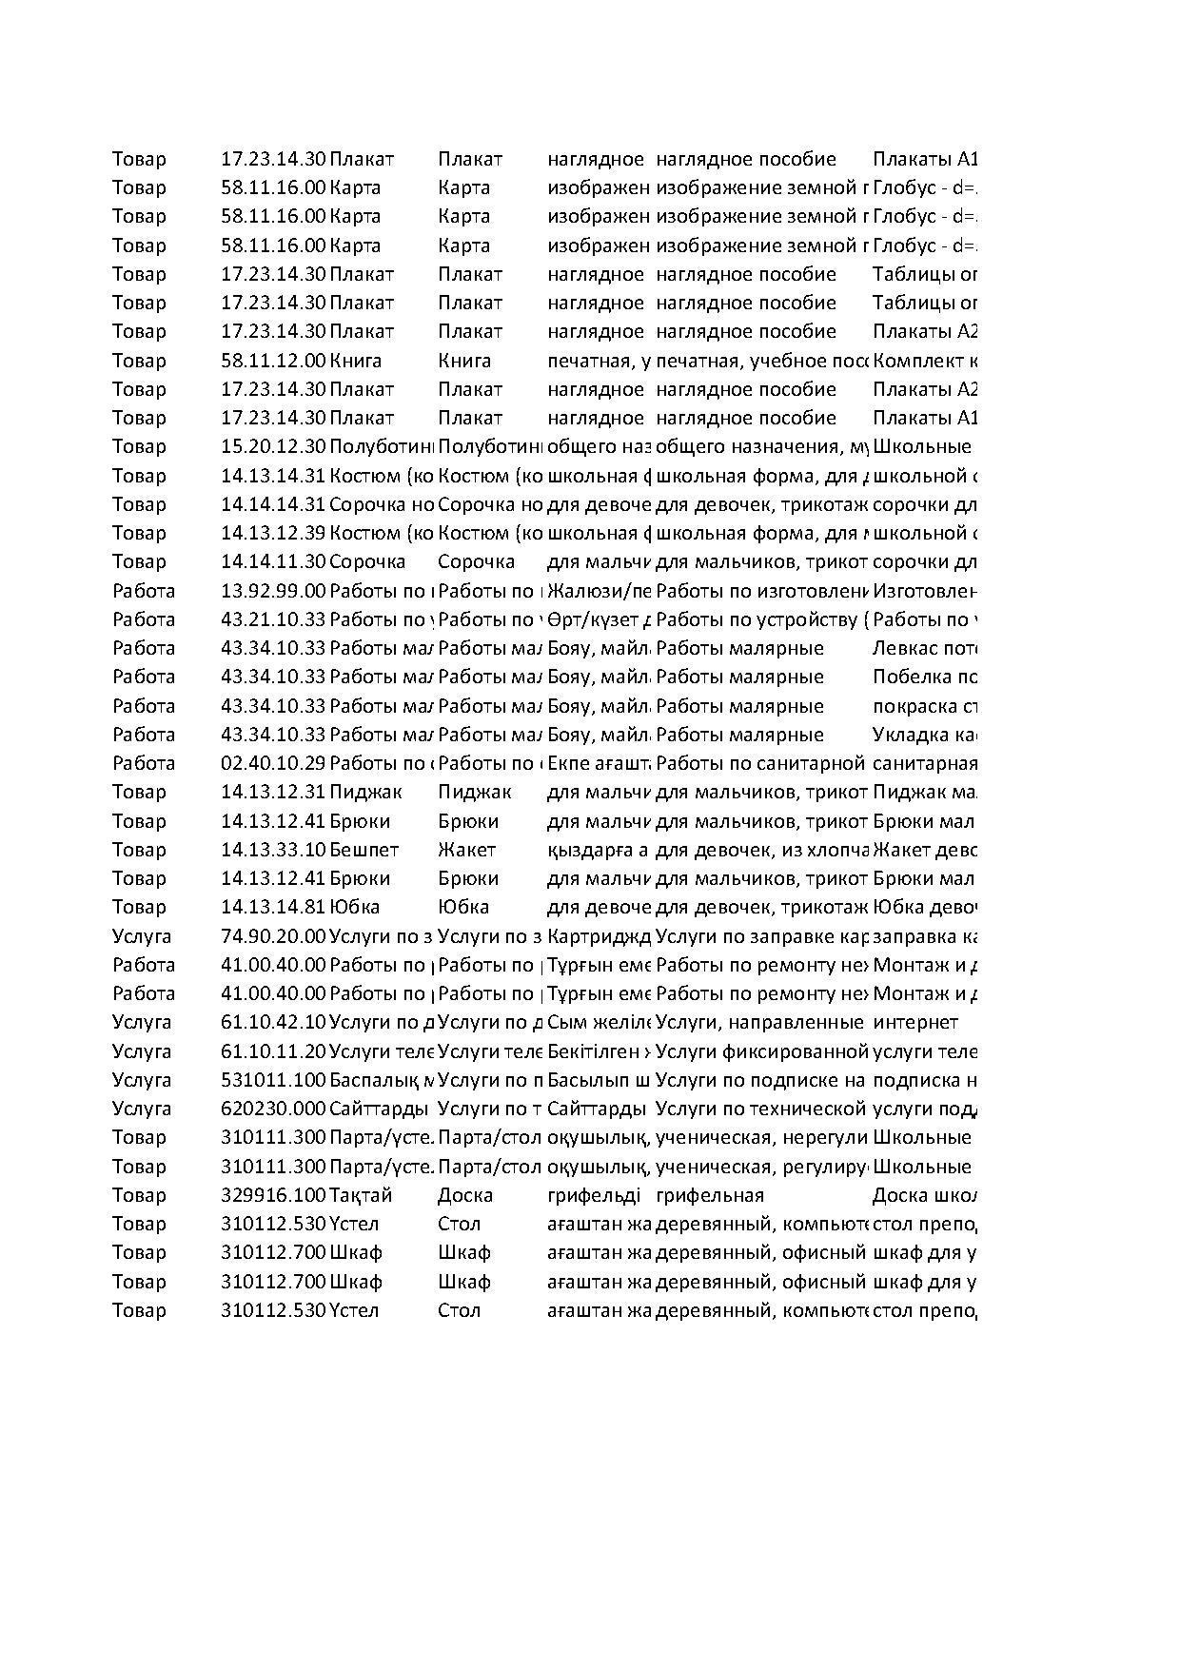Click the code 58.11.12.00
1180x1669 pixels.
click(273, 361)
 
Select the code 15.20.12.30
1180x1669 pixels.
click(273, 446)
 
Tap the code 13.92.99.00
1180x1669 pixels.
click(273, 591)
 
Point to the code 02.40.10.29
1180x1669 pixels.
click(273, 763)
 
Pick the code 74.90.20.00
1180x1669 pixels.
click(273, 936)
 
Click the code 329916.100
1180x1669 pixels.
click(273, 1195)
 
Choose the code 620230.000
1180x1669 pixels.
click(273, 1109)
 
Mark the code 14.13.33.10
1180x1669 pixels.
click(273, 850)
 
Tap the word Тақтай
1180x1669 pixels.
click(361, 1195)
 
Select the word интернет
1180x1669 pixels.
click(914, 1023)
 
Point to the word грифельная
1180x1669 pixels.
click(710, 1195)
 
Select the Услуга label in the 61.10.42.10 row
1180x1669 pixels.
click(142, 1023)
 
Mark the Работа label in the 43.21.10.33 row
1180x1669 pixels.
click(144, 619)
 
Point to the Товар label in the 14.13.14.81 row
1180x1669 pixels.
click(139, 907)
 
